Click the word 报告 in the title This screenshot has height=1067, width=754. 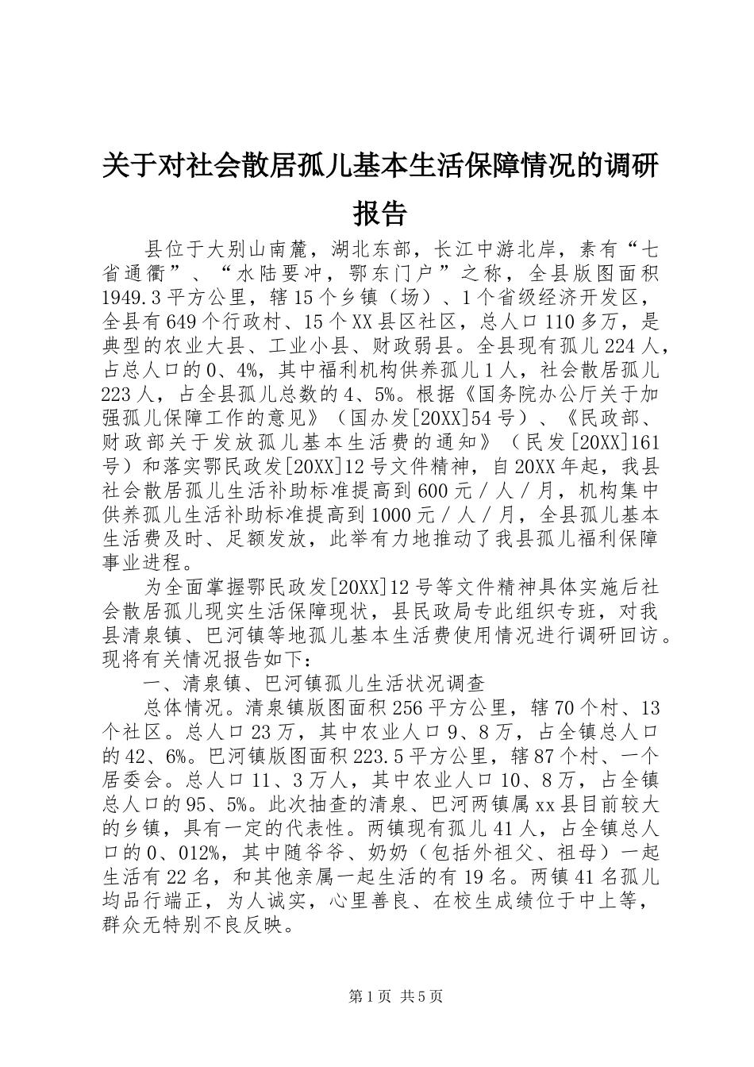pos(379,212)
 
